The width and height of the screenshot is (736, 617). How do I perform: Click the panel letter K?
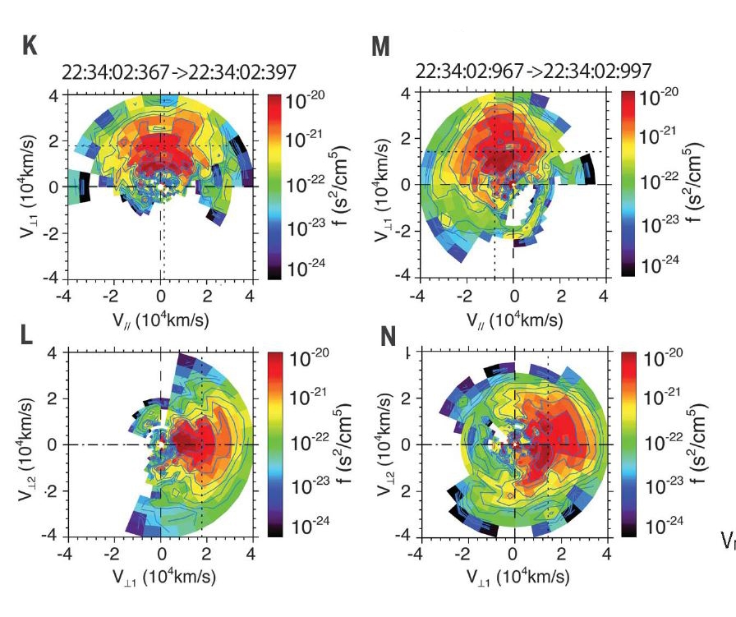coord(30,46)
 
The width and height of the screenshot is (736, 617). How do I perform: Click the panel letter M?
coord(380,47)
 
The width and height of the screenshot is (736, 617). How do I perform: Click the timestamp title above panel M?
coord(510,72)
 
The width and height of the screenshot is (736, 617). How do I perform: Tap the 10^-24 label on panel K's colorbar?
coord(307,266)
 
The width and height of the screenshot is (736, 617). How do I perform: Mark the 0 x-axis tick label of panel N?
coord(513,553)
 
